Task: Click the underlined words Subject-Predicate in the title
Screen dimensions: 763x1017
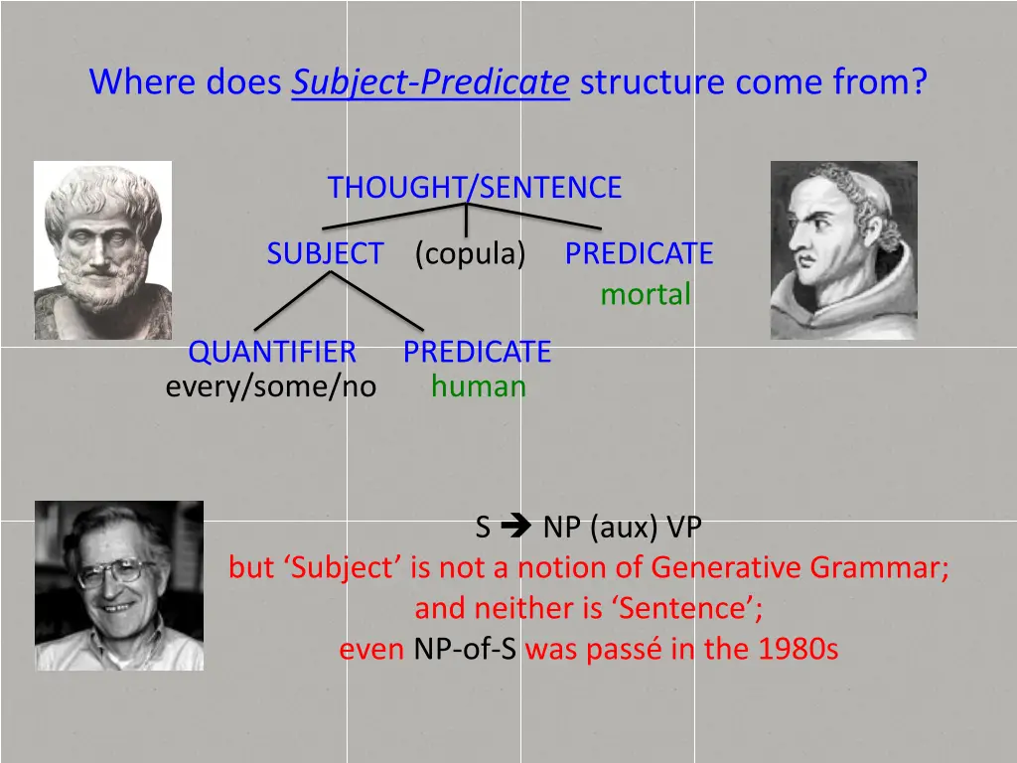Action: tap(430, 81)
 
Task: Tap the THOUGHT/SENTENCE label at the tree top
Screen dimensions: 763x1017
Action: tap(475, 188)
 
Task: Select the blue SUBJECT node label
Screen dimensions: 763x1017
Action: tap(325, 254)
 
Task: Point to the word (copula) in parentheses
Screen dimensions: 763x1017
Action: tap(470, 254)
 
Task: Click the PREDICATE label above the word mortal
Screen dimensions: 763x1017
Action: tap(639, 254)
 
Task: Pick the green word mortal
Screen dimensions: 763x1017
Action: tap(645, 295)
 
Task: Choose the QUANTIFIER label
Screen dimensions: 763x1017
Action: tap(272, 352)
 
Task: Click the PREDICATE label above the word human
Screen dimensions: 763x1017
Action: tap(477, 352)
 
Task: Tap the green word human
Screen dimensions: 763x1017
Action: tap(478, 386)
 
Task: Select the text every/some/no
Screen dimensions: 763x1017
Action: tap(271, 386)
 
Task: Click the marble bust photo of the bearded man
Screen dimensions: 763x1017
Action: tap(102, 249)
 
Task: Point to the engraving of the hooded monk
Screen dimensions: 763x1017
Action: tap(843, 249)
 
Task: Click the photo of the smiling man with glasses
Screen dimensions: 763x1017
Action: tap(119, 585)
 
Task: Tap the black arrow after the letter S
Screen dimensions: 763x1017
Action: tap(517, 528)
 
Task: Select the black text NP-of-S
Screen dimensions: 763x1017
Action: tap(465, 650)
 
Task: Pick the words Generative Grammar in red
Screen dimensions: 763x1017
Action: tap(799, 568)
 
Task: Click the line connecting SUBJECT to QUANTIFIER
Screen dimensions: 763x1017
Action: tap(292, 301)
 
